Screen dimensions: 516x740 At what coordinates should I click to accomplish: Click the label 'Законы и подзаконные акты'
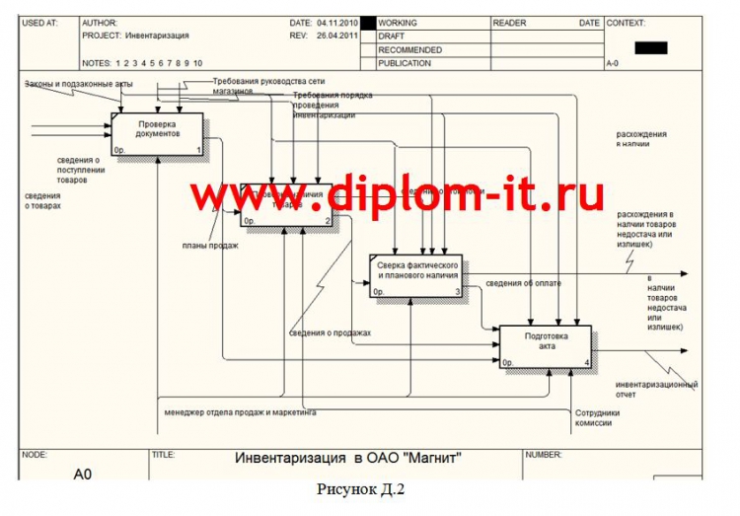click(x=79, y=85)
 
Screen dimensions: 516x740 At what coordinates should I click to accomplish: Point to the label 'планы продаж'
click(x=210, y=245)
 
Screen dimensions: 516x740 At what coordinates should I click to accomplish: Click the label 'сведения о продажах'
click(x=330, y=332)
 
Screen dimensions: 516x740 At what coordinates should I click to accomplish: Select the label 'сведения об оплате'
click(x=524, y=284)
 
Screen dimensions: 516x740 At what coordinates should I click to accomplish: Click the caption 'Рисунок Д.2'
click(x=361, y=489)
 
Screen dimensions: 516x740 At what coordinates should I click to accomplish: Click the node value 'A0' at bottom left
click(x=83, y=475)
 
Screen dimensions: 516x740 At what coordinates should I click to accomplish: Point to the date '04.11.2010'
click(x=338, y=23)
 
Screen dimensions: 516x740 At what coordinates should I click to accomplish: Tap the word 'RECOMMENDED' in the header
click(x=409, y=49)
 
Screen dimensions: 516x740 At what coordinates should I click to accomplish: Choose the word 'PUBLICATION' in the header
click(x=405, y=63)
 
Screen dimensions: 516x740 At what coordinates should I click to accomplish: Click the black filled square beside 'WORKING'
click(x=368, y=23)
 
